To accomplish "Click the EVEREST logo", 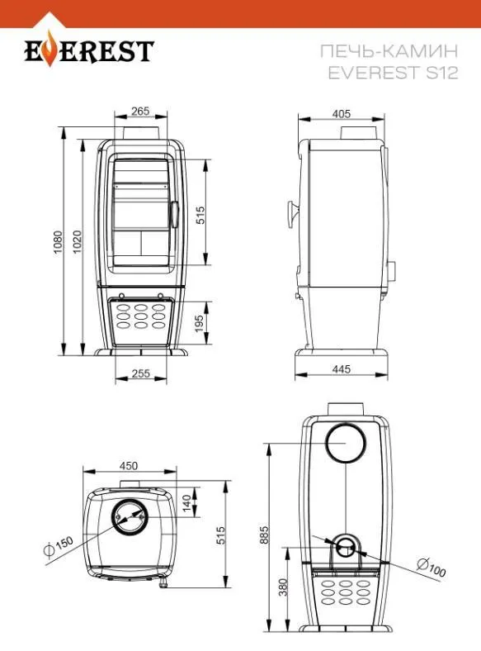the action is [89, 50].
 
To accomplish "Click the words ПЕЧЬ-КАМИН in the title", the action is [389, 51].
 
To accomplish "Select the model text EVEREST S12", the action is [393, 73].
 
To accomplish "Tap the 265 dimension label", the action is [140, 111].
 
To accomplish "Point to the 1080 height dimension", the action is [58, 242].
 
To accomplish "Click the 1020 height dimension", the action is [78, 241].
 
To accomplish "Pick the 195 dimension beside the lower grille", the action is [200, 323].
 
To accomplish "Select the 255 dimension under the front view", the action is [140, 373].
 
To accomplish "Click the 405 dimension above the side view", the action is [342, 113].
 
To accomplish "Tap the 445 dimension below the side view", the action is [342, 368].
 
